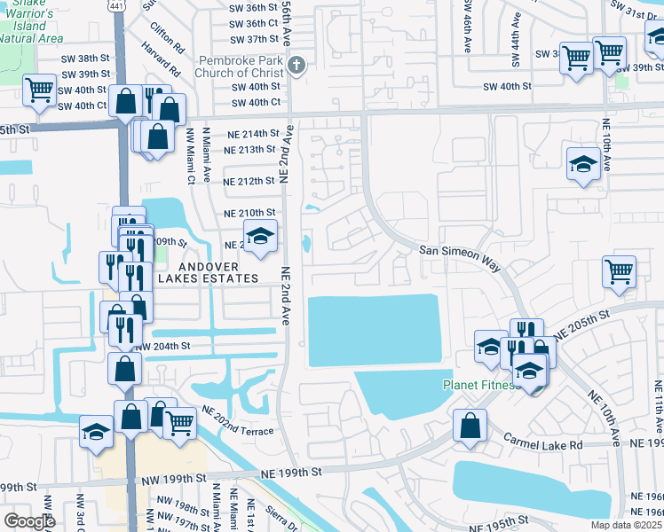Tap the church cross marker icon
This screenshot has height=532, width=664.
tap(297, 65)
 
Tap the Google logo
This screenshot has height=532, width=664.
tap(29, 521)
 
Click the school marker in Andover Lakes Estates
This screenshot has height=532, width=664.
tap(260, 236)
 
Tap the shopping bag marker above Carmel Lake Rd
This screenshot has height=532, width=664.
tap(470, 426)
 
